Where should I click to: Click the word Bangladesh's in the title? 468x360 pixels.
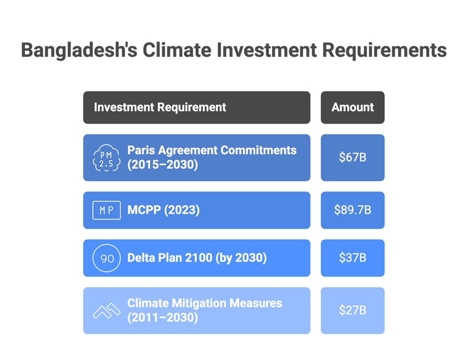coord(79,50)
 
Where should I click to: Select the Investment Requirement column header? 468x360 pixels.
coord(197,108)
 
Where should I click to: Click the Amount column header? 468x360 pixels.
coord(352,108)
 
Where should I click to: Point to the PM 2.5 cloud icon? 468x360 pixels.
coord(107,158)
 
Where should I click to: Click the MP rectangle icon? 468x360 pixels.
coord(107,210)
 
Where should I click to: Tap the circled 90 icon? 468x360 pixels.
coord(107,258)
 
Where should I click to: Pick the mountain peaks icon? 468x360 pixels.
coord(107,311)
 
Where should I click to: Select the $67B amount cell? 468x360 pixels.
coord(352,158)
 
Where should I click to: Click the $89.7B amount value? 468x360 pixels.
coord(352,210)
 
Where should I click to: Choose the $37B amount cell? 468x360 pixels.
coord(352,258)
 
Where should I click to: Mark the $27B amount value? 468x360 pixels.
coord(352,311)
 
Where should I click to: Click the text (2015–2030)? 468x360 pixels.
coord(162,165)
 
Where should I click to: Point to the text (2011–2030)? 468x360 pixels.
coord(162,318)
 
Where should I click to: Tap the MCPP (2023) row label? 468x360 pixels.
coord(163,210)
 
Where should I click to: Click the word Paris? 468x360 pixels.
coord(141,151)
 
